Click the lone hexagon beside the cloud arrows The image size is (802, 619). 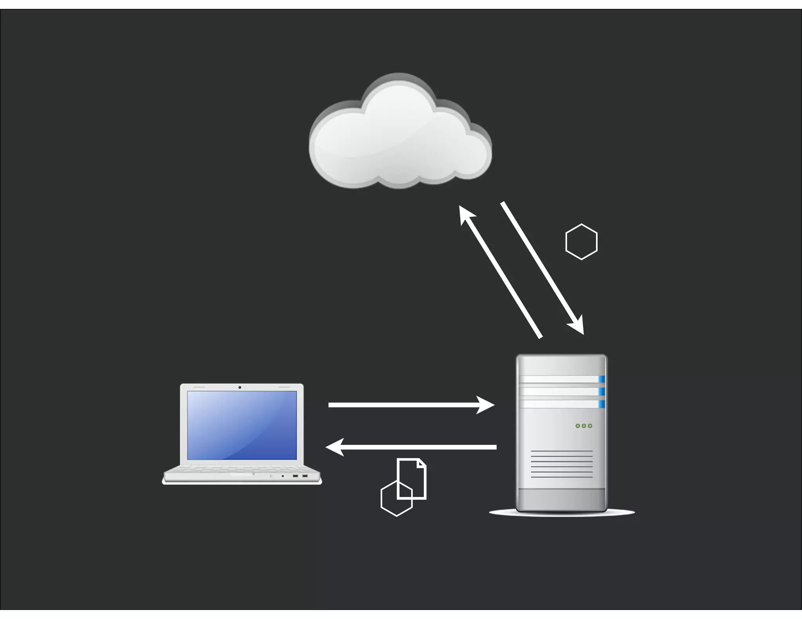[582, 242]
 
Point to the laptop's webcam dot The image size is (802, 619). [240, 387]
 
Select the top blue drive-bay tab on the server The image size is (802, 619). [601, 379]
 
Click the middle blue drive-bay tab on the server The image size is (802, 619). [601, 392]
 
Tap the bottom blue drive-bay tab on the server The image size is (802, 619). [601, 404]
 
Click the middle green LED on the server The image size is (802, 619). [584, 426]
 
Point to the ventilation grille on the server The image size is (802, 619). [562, 464]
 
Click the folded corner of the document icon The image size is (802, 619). [422, 464]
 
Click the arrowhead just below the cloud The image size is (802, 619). [466, 214]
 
